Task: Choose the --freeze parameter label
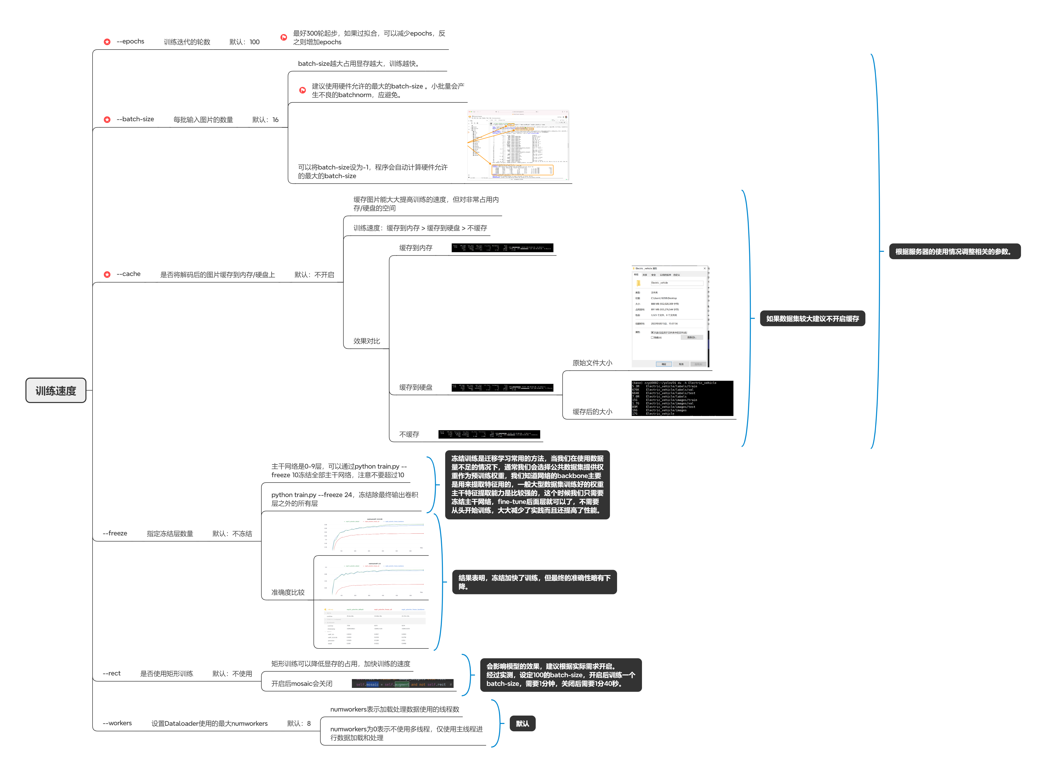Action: (115, 533)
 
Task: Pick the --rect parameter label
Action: (111, 673)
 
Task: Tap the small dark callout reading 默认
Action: (522, 723)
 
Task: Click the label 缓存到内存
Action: (416, 248)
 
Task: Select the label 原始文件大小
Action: (592, 363)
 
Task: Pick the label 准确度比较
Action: (288, 592)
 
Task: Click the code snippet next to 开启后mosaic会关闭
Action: (402, 684)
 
